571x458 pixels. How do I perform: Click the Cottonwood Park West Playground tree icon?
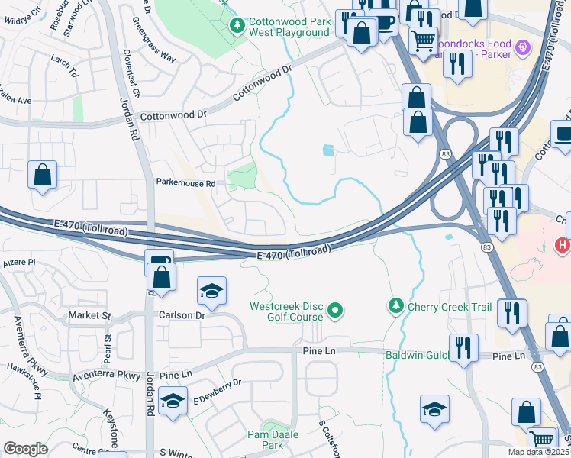tap(238, 26)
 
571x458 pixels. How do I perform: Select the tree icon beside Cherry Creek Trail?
tap(395, 306)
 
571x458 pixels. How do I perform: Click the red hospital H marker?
tap(562, 246)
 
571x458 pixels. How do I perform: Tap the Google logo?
tap(25, 449)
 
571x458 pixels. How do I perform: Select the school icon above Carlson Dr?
tap(211, 291)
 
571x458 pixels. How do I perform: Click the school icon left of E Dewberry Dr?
tap(173, 402)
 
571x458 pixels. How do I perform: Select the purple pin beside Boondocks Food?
tap(523, 48)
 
